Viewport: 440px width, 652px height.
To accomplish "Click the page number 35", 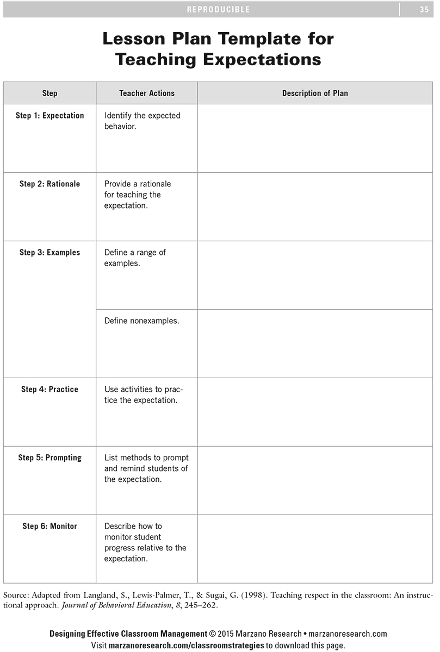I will [424, 9].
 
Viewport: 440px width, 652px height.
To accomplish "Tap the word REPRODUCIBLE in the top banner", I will [218, 9].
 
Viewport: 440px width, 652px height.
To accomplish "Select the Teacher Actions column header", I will [147, 93].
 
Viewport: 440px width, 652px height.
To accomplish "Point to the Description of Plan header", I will [315, 93].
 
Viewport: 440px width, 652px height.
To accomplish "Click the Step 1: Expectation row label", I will [49, 116].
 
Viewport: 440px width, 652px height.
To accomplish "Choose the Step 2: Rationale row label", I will [49, 184].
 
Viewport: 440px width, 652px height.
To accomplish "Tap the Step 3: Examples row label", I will [49, 253].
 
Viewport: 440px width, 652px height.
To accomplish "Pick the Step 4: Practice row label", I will [49, 390].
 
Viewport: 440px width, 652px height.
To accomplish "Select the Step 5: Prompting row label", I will [49, 458].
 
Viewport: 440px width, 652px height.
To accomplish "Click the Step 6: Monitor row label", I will [49, 526].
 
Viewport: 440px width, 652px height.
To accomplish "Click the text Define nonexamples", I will [141, 321].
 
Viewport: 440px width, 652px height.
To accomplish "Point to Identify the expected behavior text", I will [142, 121].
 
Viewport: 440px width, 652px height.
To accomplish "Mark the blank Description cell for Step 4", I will [315, 412].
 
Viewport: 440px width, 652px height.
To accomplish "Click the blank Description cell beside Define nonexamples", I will [315, 343].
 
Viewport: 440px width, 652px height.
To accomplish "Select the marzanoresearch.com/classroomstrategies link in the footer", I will [188, 645].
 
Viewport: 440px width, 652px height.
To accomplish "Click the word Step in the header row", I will [49, 93].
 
